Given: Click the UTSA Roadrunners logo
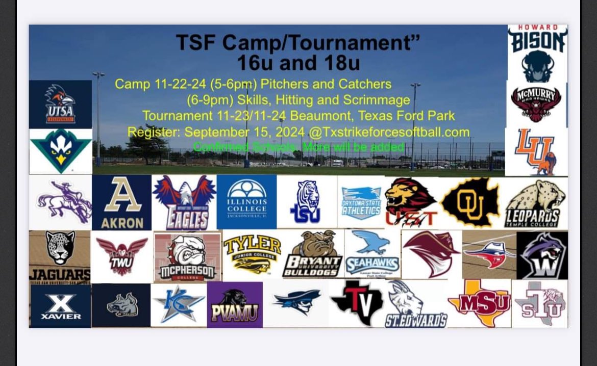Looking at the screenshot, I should pyautogui.click(x=60, y=104).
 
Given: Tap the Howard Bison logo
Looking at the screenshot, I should pyautogui.click(x=537, y=54).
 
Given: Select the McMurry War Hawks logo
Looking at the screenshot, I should pyautogui.click(x=536, y=103).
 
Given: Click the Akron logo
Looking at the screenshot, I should pyautogui.click(x=122, y=202).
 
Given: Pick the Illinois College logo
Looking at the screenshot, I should pyautogui.click(x=246, y=202).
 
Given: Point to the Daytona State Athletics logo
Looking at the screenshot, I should pyautogui.click(x=361, y=202).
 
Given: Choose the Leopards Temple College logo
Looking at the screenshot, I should pyautogui.click(x=537, y=203).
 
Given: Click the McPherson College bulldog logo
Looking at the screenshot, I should pyautogui.click(x=187, y=256).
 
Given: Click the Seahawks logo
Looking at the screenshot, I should pyautogui.click(x=372, y=253).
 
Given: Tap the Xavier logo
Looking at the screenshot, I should pyautogui.click(x=60, y=305).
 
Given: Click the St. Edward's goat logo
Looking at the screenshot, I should pyautogui.click(x=415, y=304).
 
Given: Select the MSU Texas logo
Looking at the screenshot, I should pyautogui.click(x=479, y=303).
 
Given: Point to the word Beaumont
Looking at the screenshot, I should pyautogui.click(x=319, y=116).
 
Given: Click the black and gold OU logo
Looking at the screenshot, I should pyautogui.click(x=469, y=203).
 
